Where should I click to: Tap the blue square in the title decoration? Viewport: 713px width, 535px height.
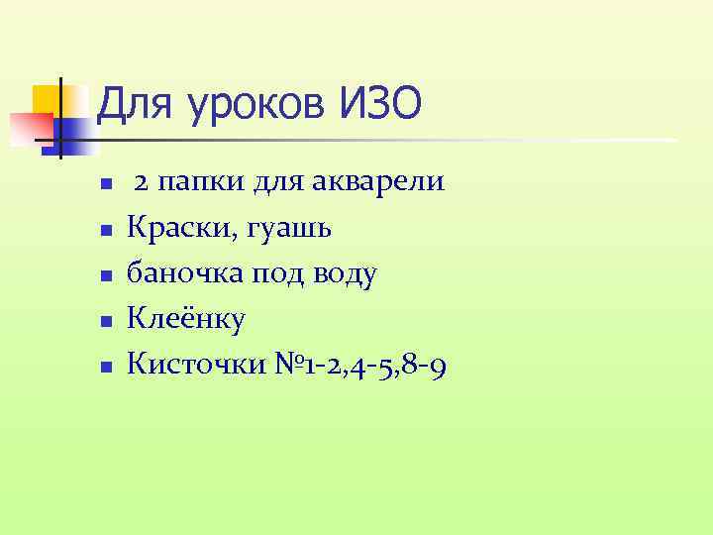point(75,135)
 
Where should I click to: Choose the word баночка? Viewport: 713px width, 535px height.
point(179,274)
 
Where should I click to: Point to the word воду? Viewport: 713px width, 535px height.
point(344,275)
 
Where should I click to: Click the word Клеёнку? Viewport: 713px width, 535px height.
point(187,320)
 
